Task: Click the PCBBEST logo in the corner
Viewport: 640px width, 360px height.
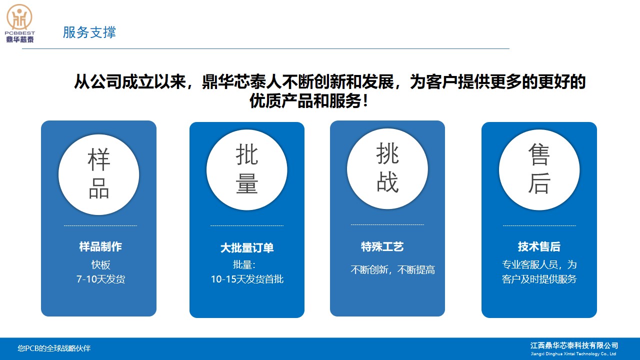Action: (x=19, y=23)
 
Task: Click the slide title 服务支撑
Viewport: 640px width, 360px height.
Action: (x=89, y=32)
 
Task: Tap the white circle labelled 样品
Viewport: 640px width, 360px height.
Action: (x=99, y=174)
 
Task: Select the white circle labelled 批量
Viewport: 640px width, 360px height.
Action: (x=247, y=170)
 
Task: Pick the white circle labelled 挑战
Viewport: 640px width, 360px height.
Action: (x=387, y=168)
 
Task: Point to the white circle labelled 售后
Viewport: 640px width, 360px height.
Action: (x=539, y=170)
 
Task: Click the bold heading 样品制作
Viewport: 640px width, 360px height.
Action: (x=100, y=246)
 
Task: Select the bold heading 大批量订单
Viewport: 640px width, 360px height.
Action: (x=247, y=247)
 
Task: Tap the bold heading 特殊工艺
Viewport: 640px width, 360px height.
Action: (x=382, y=246)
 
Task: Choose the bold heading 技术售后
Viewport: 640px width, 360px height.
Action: (x=539, y=246)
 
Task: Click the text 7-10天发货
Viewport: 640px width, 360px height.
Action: (x=100, y=279)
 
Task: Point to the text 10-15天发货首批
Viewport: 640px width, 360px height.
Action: (x=247, y=279)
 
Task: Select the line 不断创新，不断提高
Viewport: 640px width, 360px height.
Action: (x=393, y=269)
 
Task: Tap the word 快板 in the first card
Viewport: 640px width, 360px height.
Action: (x=101, y=265)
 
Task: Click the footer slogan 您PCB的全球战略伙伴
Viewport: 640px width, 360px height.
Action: (x=54, y=348)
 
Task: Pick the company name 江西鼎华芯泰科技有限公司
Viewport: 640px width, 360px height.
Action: (x=574, y=345)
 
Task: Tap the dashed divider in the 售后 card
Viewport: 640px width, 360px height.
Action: (x=539, y=225)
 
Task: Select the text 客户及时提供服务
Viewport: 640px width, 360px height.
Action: (x=539, y=279)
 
